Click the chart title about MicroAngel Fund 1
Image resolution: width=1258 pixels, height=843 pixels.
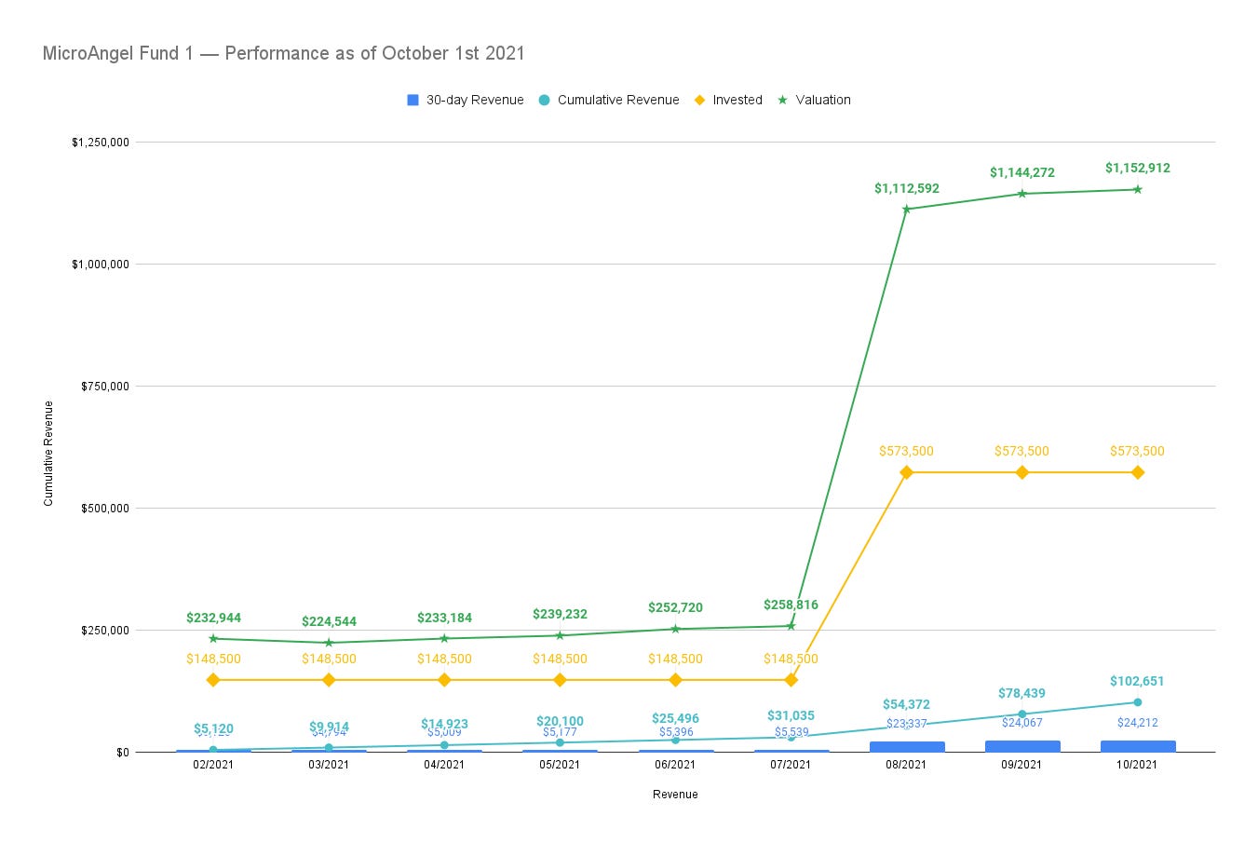point(283,53)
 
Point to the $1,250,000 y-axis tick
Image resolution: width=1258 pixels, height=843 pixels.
point(100,143)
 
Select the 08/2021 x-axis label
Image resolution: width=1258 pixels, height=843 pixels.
point(906,765)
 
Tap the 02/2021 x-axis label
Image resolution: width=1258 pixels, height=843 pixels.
point(213,765)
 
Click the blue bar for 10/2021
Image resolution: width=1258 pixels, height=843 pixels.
point(1137,746)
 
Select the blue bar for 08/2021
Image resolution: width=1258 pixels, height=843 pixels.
point(906,746)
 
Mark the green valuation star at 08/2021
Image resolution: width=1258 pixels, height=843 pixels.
point(906,209)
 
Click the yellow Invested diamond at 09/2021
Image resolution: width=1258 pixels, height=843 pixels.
point(1021,472)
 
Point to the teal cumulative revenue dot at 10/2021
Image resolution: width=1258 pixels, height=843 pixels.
point(1137,702)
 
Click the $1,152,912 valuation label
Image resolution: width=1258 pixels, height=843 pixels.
point(1137,169)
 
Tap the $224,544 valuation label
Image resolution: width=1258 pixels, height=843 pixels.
point(329,621)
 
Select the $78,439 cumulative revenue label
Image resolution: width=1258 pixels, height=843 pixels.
point(1021,693)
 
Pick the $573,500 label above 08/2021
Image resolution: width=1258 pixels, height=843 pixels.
point(906,451)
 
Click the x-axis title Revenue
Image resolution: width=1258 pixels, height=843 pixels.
point(675,795)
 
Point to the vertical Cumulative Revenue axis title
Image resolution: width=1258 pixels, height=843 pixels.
point(48,454)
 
